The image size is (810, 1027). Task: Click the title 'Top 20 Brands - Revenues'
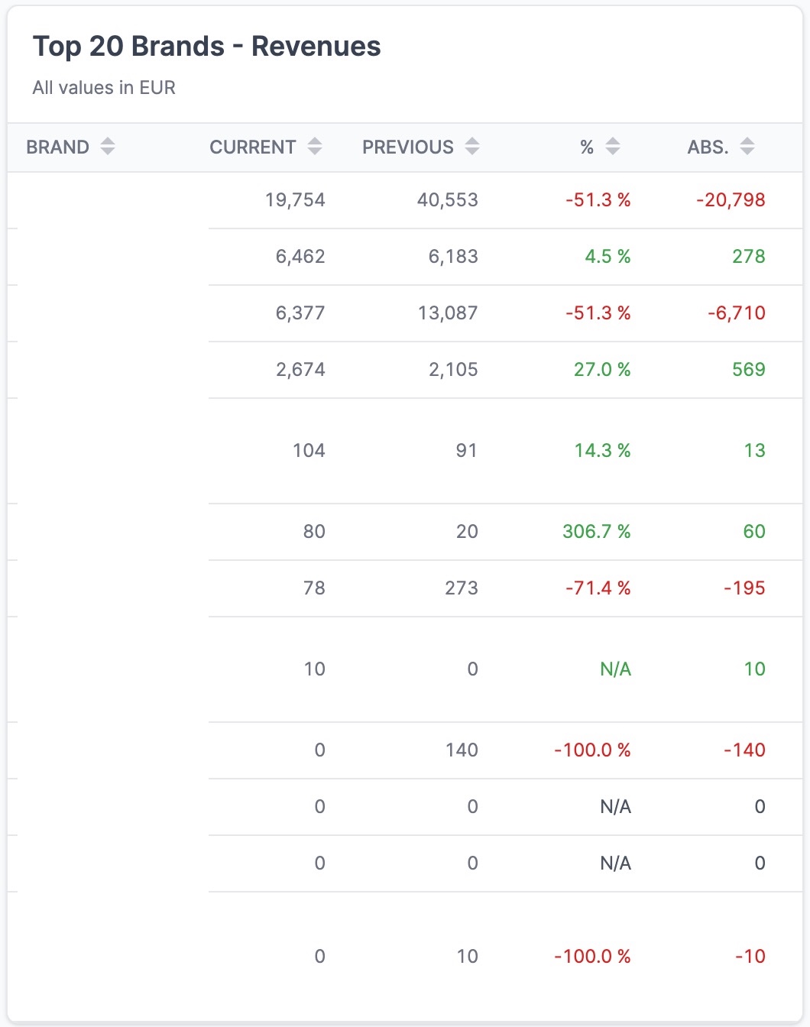pyautogui.click(x=206, y=47)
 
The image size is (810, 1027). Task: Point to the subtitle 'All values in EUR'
pyautogui.click(x=104, y=88)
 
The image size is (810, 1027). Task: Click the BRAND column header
pyautogui.click(x=58, y=147)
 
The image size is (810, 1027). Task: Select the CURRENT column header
pyautogui.click(x=252, y=147)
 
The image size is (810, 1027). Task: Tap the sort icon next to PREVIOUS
pyautogui.click(x=472, y=146)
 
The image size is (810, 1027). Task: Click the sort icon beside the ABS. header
pyautogui.click(x=747, y=146)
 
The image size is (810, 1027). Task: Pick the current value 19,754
pyautogui.click(x=295, y=200)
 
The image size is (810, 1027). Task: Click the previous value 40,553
pyautogui.click(x=447, y=200)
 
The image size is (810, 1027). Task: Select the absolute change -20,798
pyautogui.click(x=731, y=200)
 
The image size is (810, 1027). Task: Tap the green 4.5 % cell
pyautogui.click(x=607, y=257)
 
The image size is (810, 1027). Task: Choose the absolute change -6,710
pyautogui.click(x=736, y=313)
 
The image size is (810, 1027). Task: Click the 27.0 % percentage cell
pyautogui.click(x=602, y=370)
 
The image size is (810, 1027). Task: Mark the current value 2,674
pyautogui.click(x=300, y=370)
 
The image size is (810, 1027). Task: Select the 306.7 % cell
pyautogui.click(x=596, y=532)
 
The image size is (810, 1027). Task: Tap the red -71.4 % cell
pyautogui.click(x=598, y=588)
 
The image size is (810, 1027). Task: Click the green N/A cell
pyautogui.click(x=615, y=669)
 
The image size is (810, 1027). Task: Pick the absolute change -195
pyautogui.click(x=744, y=588)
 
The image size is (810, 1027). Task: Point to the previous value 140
pyautogui.click(x=462, y=750)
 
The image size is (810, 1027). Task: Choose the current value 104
pyautogui.click(x=309, y=451)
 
